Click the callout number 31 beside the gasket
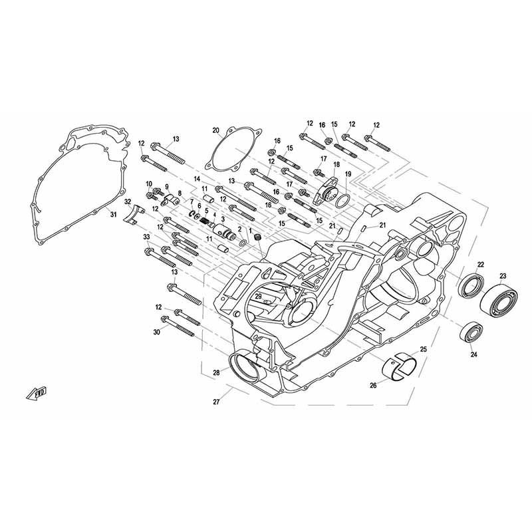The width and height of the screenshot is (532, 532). pyautogui.click(x=113, y=214)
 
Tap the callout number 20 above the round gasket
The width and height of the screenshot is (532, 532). pyautogui.click(x=215, y=130)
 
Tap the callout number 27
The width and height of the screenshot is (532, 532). pyautogui.click(x=215, y=402)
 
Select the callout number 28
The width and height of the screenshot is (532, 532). pyautogui.click(x=215, y=373)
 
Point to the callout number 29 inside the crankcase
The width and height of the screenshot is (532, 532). pyautogui.click(x=257, y=296)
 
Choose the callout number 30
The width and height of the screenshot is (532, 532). pyautogui.click(x=157, y=332)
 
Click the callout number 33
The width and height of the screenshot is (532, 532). pyautogui.click(x=146, y=237)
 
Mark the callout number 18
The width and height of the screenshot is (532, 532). pyautogui.click(x=336, y=164)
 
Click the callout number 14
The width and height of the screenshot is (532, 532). pyautogui.click(x=197, y=180)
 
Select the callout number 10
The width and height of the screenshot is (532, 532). pyautogui.click(x=149, y=184)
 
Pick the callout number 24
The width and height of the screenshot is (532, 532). pyautogui.click(x=473, y=355)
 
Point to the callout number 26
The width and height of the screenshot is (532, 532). pyautogui.click(x=373, y=384)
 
